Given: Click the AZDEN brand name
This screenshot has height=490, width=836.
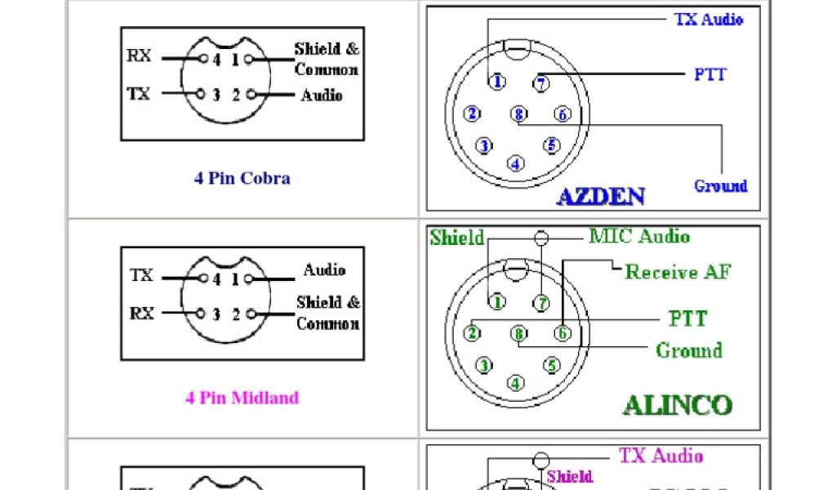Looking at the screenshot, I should pyautogui.click(x=601, y=196).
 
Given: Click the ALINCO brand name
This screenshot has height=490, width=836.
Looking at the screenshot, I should pyautogui.click(x=678, y=405).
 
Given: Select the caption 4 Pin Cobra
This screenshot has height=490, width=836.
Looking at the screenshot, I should pyautogui.click(x=242, y=178).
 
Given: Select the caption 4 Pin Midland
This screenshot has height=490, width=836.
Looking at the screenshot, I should pyautogui.click(x=242, y=398).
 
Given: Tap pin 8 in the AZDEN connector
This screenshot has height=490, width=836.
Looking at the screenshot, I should pyautogui.click(x=518, y=114).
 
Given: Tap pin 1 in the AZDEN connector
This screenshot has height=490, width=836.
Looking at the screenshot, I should pyautogui.click(x=496, y=82).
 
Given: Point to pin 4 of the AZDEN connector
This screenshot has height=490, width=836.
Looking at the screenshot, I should pyautogui.click(x=516, y=163).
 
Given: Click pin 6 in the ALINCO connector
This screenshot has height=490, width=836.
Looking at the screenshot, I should pyautogui.click(x=562, y=332).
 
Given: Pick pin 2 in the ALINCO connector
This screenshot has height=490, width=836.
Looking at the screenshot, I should pyautogui.click(x=472, y=332).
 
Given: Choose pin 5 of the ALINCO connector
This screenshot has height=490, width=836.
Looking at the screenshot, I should pyautogui.click(x=552, y=365).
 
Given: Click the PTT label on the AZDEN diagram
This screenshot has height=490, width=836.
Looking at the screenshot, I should pyautogui.click(x=709, y=74).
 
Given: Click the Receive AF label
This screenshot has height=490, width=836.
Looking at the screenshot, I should pyautogui.click(x=678, y=272).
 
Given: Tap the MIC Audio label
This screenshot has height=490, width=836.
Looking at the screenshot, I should pyautogui.click(x=639, y=237).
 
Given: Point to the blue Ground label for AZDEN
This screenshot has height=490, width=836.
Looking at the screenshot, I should pyautogui.click(x=720, y=185).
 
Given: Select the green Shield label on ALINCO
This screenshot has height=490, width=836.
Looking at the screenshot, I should pyautogui.click(x=456, y=238).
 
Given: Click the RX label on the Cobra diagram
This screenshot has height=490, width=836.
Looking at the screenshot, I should pyautogui.click(x=139, y=56).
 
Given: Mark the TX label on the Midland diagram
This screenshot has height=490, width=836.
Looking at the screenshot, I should pyautogui.click(x=141, y=276).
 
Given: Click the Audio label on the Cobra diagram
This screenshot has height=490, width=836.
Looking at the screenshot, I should pyautogui.click(x=321, y=96).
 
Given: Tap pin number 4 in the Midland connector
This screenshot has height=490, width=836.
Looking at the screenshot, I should pyautogui.click(x=216, y=279).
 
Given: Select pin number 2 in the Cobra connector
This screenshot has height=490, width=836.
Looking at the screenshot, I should pyautogui.click(x=236, y=96).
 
